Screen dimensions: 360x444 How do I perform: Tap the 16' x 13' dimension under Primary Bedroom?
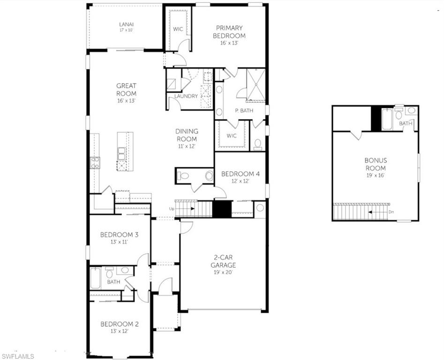point(229,43)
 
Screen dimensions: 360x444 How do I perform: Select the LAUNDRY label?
point(186,97)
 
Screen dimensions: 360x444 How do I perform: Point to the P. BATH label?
point(244,111)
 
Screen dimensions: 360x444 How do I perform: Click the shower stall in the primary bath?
point(256,84)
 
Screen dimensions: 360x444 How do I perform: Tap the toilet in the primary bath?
point(258,144)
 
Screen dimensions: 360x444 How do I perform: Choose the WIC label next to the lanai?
point(178,29)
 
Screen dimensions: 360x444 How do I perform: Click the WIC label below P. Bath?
point(231,136)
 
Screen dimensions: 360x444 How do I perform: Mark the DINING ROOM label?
point(187,135)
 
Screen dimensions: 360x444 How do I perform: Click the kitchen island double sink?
point(121,152)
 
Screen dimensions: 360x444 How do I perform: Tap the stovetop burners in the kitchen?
point(95,163)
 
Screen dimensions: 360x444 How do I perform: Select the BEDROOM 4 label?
point(240,174)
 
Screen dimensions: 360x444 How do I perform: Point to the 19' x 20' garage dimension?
point(223,272)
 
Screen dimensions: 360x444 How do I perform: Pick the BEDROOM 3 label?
point(119,234)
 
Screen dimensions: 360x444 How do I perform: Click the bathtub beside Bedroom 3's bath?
point(95,278)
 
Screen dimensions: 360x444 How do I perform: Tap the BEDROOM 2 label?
point(120,324)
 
